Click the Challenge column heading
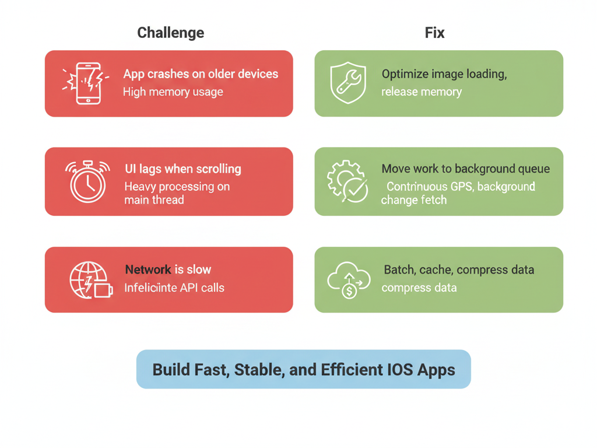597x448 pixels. click(x=170, y=33)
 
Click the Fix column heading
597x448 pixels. click(x=434, y=33)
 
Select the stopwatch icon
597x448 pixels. click(x=87, y=181)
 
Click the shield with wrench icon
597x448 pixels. click(x=348, y=83)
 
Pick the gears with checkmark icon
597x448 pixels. click(x=347, y=181)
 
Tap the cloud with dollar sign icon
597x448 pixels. click(x=349, y=280)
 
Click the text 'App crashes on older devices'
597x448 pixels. click(x=201, y=75)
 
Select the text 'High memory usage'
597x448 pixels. click(x=173, y=92)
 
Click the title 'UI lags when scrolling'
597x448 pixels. click(x=182, y=169)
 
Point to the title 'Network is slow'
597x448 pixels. click(x=168, y=269)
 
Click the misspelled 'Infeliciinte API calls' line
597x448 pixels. click(x=174, y=288)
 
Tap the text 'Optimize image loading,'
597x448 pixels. click(x=444, y=75)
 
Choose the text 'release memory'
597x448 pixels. click(x=421, y=92)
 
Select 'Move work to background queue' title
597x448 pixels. click(x=465, y=169)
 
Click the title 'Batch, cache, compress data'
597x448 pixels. click(x=459, y=270)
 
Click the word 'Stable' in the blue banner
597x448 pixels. click(x=256, y=370)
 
